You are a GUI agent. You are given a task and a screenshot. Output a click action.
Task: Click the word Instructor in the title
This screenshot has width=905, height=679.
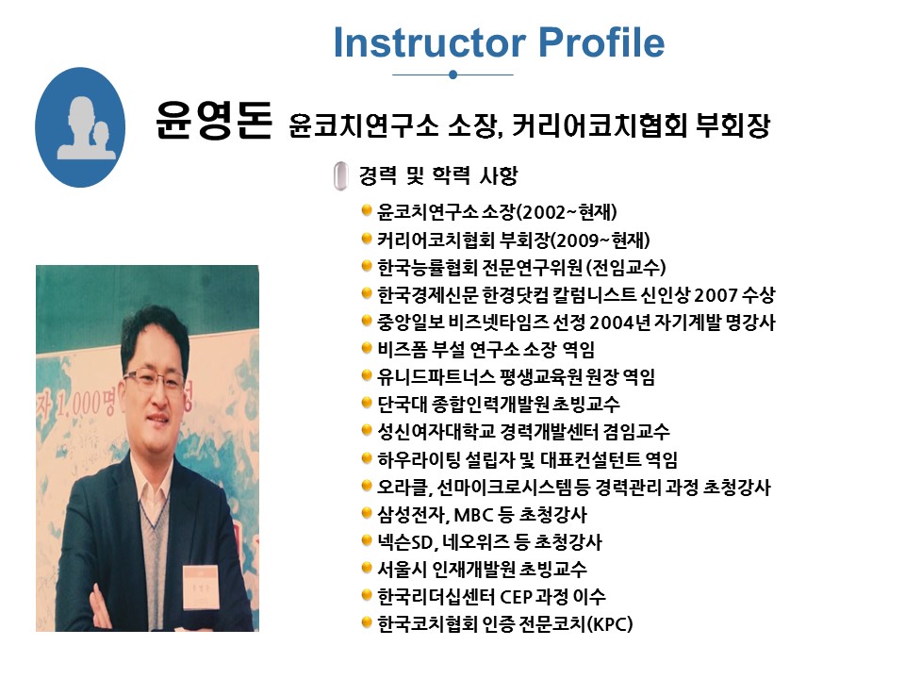(430, 42)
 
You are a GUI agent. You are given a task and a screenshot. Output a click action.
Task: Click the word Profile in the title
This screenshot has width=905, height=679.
(601, 42)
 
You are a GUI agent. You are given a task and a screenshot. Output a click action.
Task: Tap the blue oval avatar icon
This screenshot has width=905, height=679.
(80, 127)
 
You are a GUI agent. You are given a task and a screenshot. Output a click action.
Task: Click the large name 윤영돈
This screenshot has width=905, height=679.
(214, 120)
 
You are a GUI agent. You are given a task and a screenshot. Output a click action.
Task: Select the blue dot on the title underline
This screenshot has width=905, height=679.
(453, 75)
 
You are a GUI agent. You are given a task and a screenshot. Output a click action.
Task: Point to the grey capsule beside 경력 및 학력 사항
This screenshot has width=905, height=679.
(340, 176)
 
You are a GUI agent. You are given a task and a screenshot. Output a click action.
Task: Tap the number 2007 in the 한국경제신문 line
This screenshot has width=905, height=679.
(716, 295)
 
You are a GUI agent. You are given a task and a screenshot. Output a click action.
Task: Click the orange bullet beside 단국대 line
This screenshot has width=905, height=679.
(366, 403)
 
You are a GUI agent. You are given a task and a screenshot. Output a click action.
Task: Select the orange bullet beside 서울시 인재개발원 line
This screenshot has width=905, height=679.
(366, 568)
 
